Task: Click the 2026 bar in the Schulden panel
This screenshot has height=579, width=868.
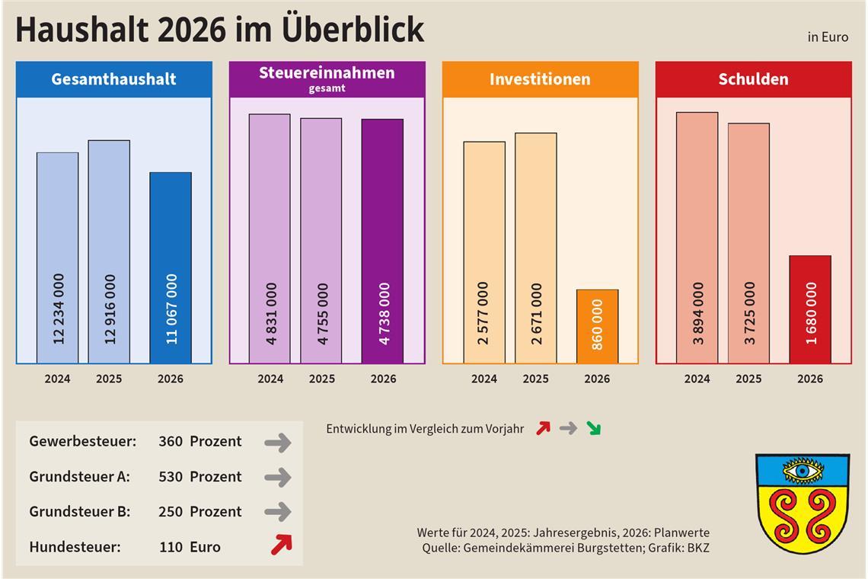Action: coord(809,309)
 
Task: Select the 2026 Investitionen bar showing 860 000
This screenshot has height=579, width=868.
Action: coord(597,326)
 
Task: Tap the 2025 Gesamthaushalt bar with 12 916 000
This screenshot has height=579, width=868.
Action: coord(109,251)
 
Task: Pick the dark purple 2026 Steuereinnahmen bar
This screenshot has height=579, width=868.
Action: coord(382,241)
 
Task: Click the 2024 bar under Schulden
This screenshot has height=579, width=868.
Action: coord(697,238)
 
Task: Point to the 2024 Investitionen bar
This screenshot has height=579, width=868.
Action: coord(483,252)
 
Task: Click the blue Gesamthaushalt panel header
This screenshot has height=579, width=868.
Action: coord(114,79)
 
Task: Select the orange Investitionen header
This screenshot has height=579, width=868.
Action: coord(540,79)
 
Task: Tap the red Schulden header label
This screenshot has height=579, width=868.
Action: coord(753,79)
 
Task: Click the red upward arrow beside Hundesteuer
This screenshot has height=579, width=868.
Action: coord(281,545)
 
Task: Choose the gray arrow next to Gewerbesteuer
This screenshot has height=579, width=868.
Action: coord(278,442)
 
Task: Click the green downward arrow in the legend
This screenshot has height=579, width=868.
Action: coord(593,429)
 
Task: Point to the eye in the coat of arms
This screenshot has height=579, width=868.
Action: coord(802,472)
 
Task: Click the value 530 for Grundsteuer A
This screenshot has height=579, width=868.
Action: coord(171,477)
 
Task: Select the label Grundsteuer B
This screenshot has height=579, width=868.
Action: coord(80,512)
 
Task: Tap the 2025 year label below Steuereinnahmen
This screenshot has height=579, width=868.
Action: coord(321,379)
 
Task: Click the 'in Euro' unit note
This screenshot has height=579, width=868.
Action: coord(828,37)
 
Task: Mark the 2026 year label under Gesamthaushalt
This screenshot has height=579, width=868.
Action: coord(170,379)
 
